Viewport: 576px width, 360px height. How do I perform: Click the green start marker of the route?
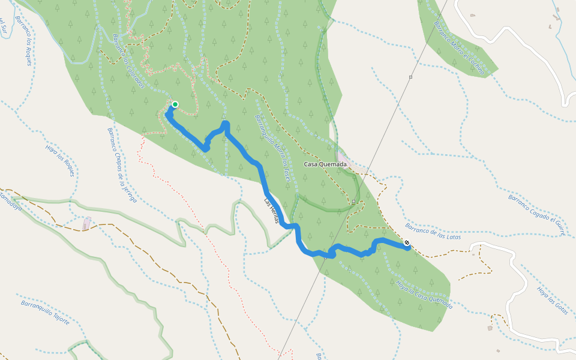[x=175, y=104]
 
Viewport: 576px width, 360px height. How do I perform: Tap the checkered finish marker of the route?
[x=407, y=243]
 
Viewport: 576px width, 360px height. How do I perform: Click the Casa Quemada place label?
[x=325, y=164]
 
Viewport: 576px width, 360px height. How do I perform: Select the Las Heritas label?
[x=272, y=211]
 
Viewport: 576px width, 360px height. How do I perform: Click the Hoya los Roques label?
[x=61, y=160]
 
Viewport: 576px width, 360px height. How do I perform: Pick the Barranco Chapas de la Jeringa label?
[x=122, y=164]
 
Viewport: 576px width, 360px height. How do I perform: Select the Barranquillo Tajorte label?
[x=45, y=313]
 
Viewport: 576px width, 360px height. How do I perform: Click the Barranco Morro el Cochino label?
[x=459, y=49]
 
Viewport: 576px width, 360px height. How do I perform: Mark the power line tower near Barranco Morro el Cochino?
[x=410, y=77]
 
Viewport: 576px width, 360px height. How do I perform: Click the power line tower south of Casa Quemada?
[x=354, y=201]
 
